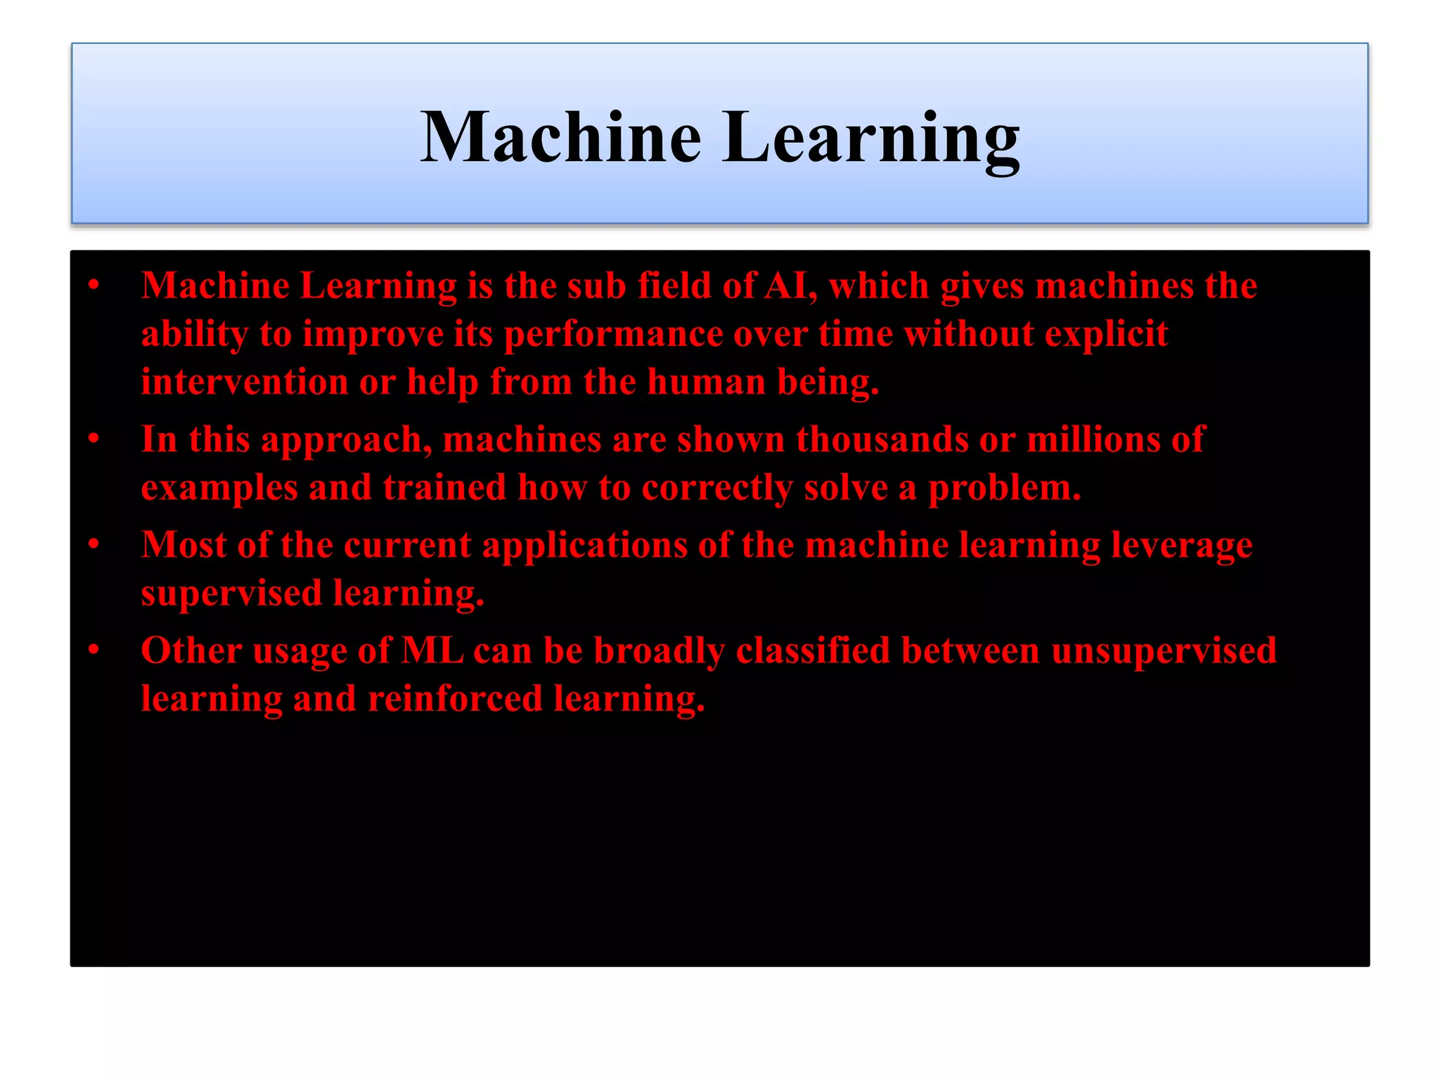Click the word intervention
pyautogui.click(x=244, y=382)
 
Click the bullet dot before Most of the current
pyautogui.click(x=94, y=544)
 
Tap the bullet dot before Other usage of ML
pyautogui.click(x=94, y=650)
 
